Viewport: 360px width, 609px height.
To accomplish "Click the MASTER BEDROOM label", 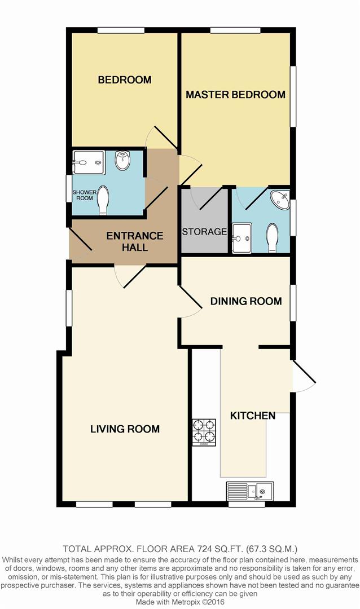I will [x=235, y=95].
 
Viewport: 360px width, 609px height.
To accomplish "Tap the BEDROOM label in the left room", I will [x=125, y=80].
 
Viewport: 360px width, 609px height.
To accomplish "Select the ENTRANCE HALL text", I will [x=135, y=241].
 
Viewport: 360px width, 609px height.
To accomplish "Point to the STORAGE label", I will [x=204, y=232].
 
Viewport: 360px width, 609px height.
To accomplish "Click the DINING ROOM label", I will [x=246, y=302].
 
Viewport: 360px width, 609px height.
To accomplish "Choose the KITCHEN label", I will [x=253, y=416].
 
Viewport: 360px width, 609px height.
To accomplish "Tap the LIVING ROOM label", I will [x=125, y=429].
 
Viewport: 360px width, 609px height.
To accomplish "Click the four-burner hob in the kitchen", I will [x=204, y=432].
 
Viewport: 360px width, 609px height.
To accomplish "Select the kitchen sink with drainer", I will [x=250, y=491].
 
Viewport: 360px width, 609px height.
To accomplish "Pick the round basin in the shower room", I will [x=122, y=162].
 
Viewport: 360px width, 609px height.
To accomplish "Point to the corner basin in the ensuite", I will [x=280, y=199].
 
